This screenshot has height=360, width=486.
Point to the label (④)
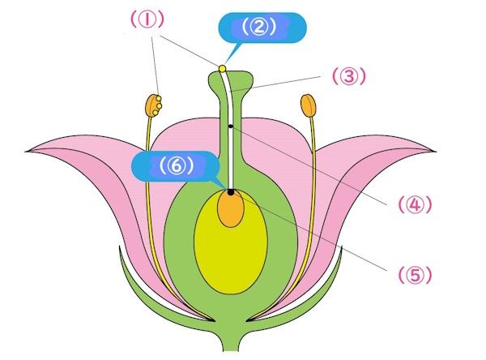tap(415, 204)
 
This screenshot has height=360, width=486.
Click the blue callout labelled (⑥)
tap(174, 166)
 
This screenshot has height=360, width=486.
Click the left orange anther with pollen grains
tap(151, 105)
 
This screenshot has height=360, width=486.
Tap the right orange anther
tap(308, 105)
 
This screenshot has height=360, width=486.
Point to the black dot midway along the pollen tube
tap(231, 126)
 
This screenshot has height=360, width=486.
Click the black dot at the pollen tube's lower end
tap(231, 192)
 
